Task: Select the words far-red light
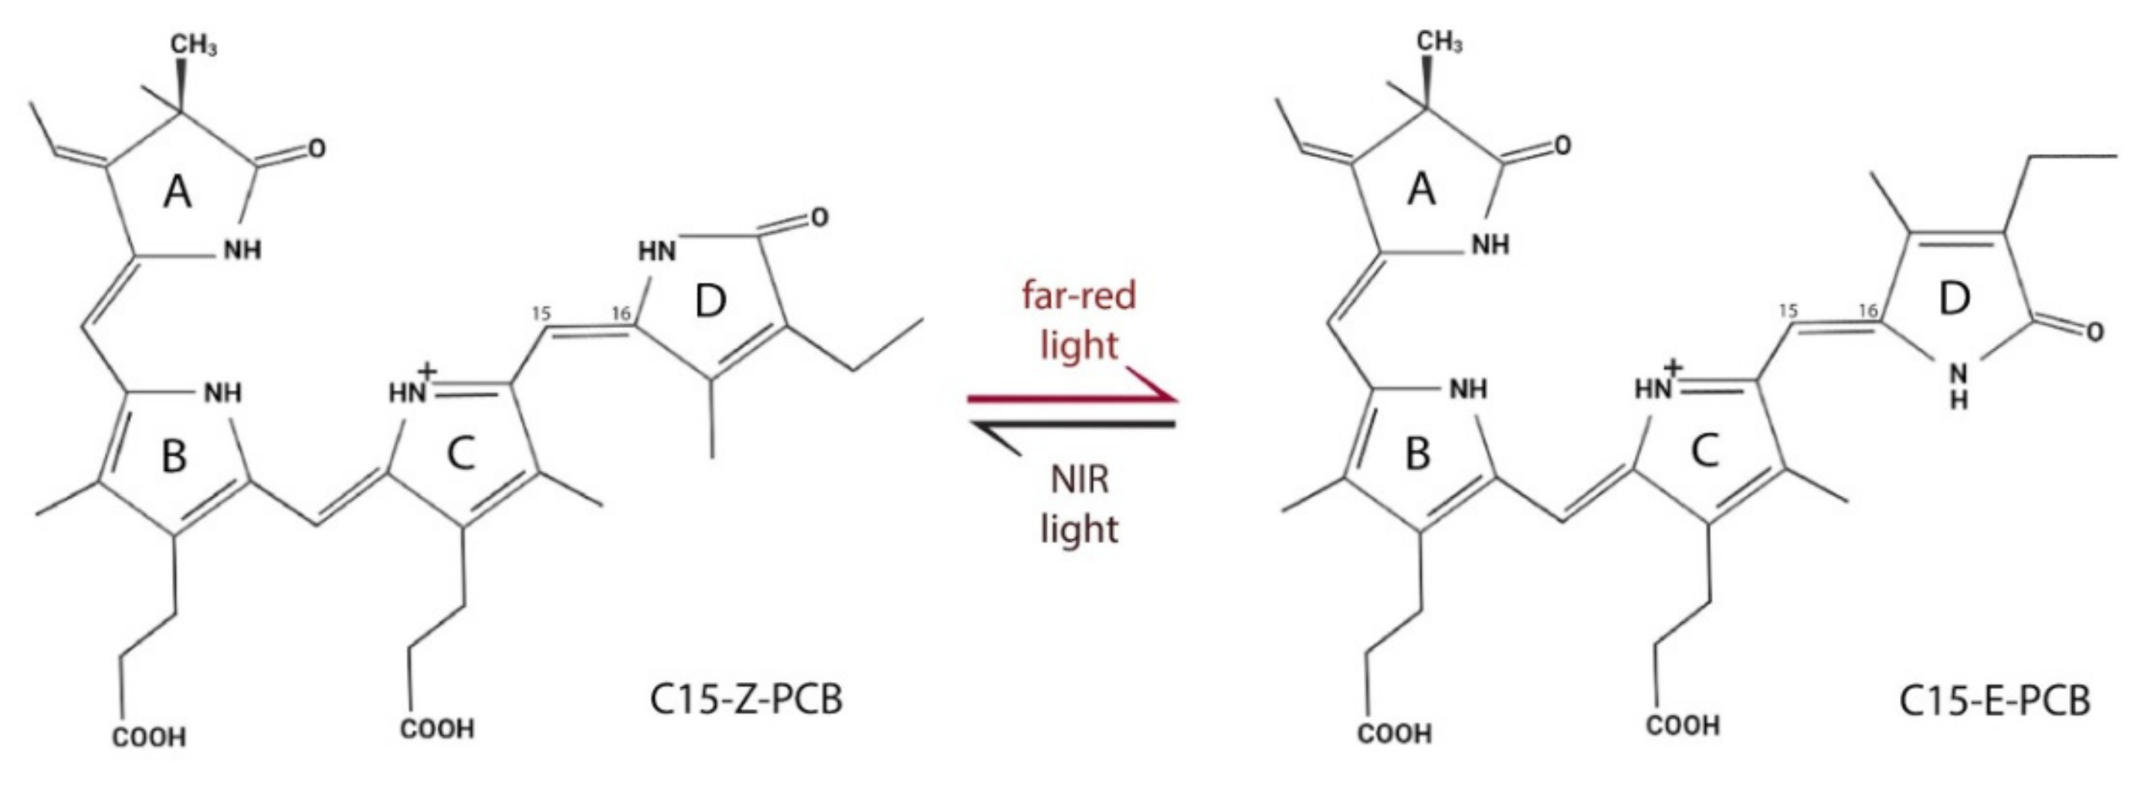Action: (x=1079, y=320)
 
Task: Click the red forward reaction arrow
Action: (x=1072, y=399)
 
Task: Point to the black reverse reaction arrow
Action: (x=1072, y=425)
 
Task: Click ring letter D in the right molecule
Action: (x=1954, y=299)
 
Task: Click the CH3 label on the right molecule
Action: (x=1440, y=43)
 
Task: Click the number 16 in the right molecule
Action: (x=1868, y=311)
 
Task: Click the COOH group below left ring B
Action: (x=150, y=737)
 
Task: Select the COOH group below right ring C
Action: (x=1683, y=726)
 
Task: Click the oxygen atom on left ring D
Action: (x=819, y=218)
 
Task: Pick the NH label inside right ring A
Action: (x=1490, y=244)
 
